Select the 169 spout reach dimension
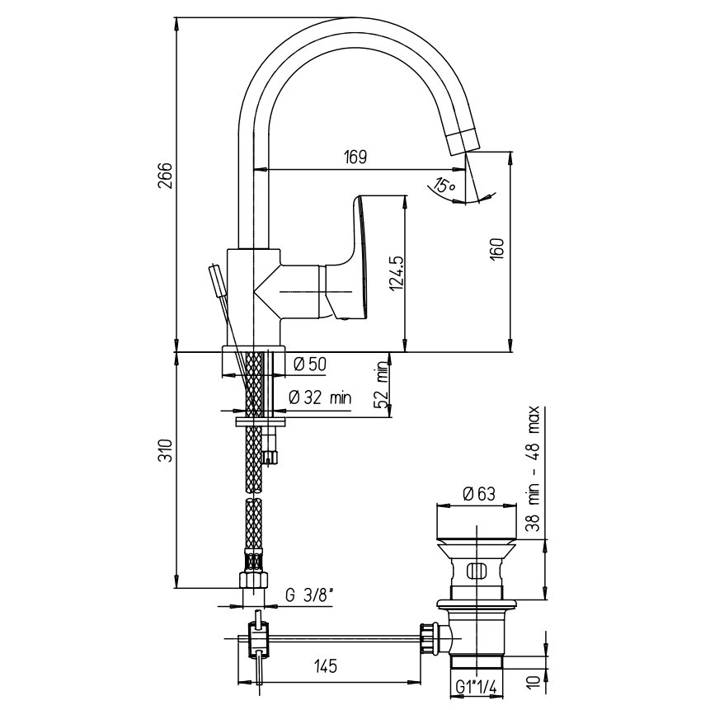[355, 157]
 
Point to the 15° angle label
[444, 183]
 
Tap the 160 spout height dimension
[497, 248]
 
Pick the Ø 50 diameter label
[310, 364]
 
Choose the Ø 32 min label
[320, 397]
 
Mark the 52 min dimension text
[383, 384]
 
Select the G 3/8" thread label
[310, 595]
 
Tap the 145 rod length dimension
[326, 666]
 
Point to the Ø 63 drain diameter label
[479, 494]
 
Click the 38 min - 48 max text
[534, 468]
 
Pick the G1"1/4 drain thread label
[477, 689]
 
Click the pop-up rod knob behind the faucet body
[216, 280]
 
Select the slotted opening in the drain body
[476, 570]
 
